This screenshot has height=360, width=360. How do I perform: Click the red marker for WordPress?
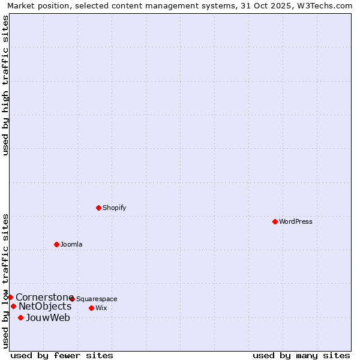[x=275, y=221]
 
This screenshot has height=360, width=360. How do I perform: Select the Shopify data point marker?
[x=98, y=208]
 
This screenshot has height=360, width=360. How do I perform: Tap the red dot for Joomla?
[x=56, y=244]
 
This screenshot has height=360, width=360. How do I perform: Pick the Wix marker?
[x=91, y=308]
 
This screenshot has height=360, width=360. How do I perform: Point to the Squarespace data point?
[x=72, y=299]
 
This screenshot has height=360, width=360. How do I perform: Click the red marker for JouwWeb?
[x=20, y=317]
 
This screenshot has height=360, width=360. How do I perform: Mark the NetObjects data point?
[x=13, y=306]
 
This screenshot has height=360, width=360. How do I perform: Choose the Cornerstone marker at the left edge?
[x=10, y=297]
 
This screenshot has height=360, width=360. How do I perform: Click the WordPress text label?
[x=296, y=221]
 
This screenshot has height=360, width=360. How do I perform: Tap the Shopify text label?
[x=114, y=208]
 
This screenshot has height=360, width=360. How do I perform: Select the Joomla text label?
[x=71, y=244]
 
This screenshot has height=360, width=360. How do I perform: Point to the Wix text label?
[x=101, y=308]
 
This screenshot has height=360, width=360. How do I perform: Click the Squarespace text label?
[x=97, y=299]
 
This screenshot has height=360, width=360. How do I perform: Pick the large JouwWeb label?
[x=48, y=317]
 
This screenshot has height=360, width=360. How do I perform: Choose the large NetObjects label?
[x=45, y=307]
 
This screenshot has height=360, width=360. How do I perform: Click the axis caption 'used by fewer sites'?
[x=62, y=355]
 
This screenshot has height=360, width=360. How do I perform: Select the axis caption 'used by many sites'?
[x=301, y=355]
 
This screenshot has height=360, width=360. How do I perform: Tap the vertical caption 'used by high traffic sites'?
[x=5, y=85]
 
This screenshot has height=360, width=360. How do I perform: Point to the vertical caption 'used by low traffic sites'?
[x=5, y=280]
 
